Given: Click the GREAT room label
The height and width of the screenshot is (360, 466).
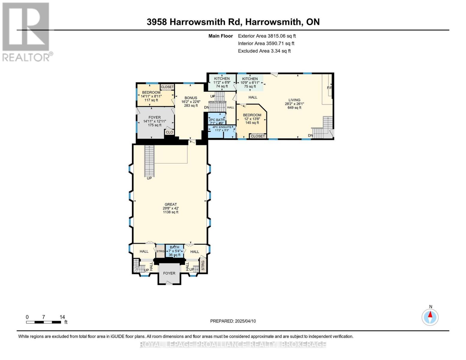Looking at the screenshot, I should [x=170, y=204].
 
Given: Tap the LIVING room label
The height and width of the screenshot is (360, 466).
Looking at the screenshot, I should [x=294, y=100].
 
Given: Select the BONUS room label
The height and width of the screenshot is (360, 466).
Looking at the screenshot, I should [x=191, y=98].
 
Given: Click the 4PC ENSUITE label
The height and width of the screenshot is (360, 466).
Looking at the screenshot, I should [x=222, y=127].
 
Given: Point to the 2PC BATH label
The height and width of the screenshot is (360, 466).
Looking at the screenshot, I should [x=217, y=120].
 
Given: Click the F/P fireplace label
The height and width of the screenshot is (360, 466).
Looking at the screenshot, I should [x=329, y=88].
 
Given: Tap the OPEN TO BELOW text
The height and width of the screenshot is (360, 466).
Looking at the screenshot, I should [x=217, y=102].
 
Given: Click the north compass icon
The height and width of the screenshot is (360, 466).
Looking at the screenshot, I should [x=430, y=317].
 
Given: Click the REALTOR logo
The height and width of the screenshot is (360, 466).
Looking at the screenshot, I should [x=26, y=31].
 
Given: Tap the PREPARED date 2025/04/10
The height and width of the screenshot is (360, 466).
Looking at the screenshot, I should [x=233, y=321].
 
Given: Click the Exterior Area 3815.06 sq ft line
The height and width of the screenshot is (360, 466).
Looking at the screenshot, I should [x=267, y=36].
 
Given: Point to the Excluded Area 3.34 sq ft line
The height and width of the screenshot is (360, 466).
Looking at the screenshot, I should [x=264, y=51].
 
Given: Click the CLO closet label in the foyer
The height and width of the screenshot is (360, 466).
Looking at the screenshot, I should [x=169, y=132].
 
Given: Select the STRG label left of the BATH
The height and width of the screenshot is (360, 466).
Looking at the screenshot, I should [x=160, y=251].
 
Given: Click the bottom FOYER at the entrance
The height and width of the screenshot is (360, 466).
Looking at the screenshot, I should [x=169, y=273].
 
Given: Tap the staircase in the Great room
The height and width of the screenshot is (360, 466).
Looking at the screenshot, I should [x=149, y=161].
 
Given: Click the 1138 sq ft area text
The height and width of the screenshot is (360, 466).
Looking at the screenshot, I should [x=170, y=212].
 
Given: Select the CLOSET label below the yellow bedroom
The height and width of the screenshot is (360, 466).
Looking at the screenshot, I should [x=258, y=136].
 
